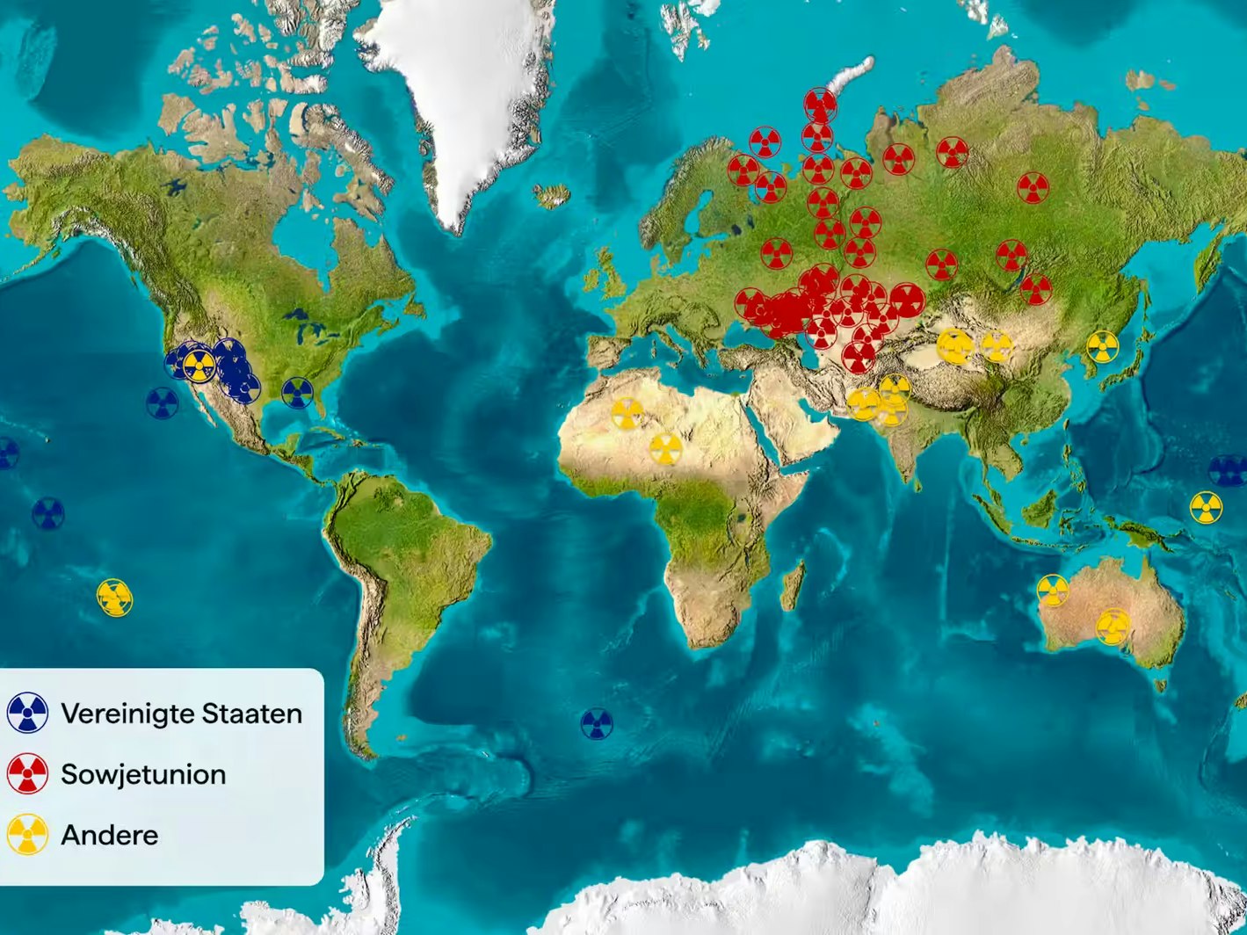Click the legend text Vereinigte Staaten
(x=181, y=714)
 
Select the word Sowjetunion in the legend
(x=143, y=774)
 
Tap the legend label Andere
(x=110, y=835)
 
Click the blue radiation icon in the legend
(x=28, y=713)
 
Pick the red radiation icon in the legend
(x=28, y=773)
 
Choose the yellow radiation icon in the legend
(x=28, y=834)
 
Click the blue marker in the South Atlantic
(x=597, y=724)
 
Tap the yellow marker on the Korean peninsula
(x=1102, y=346)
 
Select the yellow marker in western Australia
(x=1052, y=591)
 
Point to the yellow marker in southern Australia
(x=1113, y=627)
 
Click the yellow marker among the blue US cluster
(x=199, y=366)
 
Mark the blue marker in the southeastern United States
(x=297, y=393)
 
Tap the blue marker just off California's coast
(x=162, y=403)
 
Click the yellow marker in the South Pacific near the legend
(x=114, y=598)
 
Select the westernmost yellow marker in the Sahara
(x=626, y=413)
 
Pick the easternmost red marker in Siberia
(x=1033, y=187)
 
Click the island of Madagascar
(x=793, y=586)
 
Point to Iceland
(x=551, y=195)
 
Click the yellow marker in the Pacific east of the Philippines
(x=1206, y=507)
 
